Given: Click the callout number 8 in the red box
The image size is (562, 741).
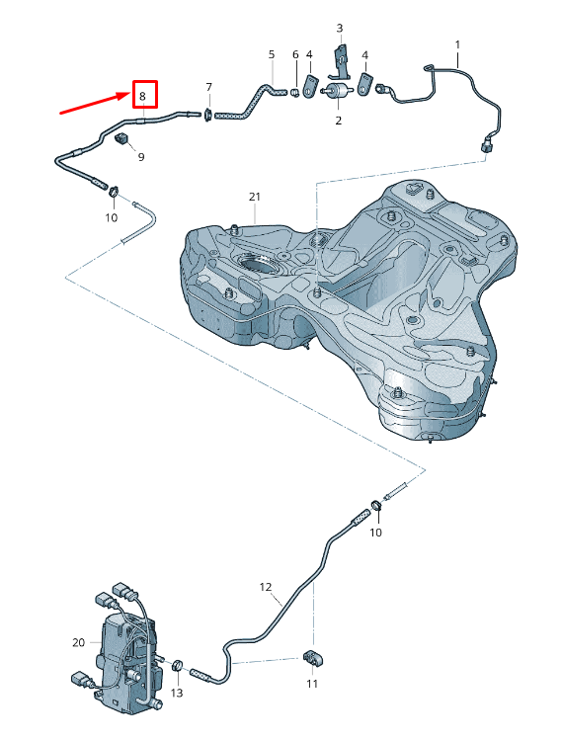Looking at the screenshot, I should pos(143,96).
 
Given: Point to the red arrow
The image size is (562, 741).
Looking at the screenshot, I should pos(93,103).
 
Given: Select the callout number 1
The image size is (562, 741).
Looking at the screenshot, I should pos(457,44).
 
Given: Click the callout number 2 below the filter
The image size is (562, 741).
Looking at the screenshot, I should pos(338,121).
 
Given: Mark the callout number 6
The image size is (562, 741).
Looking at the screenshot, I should pos(294,54).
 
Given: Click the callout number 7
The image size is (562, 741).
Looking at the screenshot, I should pos(208,88).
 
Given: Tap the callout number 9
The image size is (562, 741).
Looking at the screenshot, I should pos(140,156).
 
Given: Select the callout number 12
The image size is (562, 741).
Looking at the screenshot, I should pos(265,587).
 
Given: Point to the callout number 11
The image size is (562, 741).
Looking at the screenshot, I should pos(312,684).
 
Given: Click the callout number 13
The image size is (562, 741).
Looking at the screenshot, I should pos(177,694).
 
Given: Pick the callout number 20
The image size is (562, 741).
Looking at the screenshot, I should pos(79,642).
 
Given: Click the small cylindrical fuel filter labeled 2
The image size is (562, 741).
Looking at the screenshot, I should pos(338,91).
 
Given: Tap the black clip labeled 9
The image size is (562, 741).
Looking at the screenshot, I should pos(124,137).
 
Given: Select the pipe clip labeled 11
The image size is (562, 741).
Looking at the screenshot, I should pos(313,658).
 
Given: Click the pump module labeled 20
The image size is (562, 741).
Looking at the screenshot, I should pos(123,657).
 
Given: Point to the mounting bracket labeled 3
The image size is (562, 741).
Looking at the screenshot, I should pos(340,58).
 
